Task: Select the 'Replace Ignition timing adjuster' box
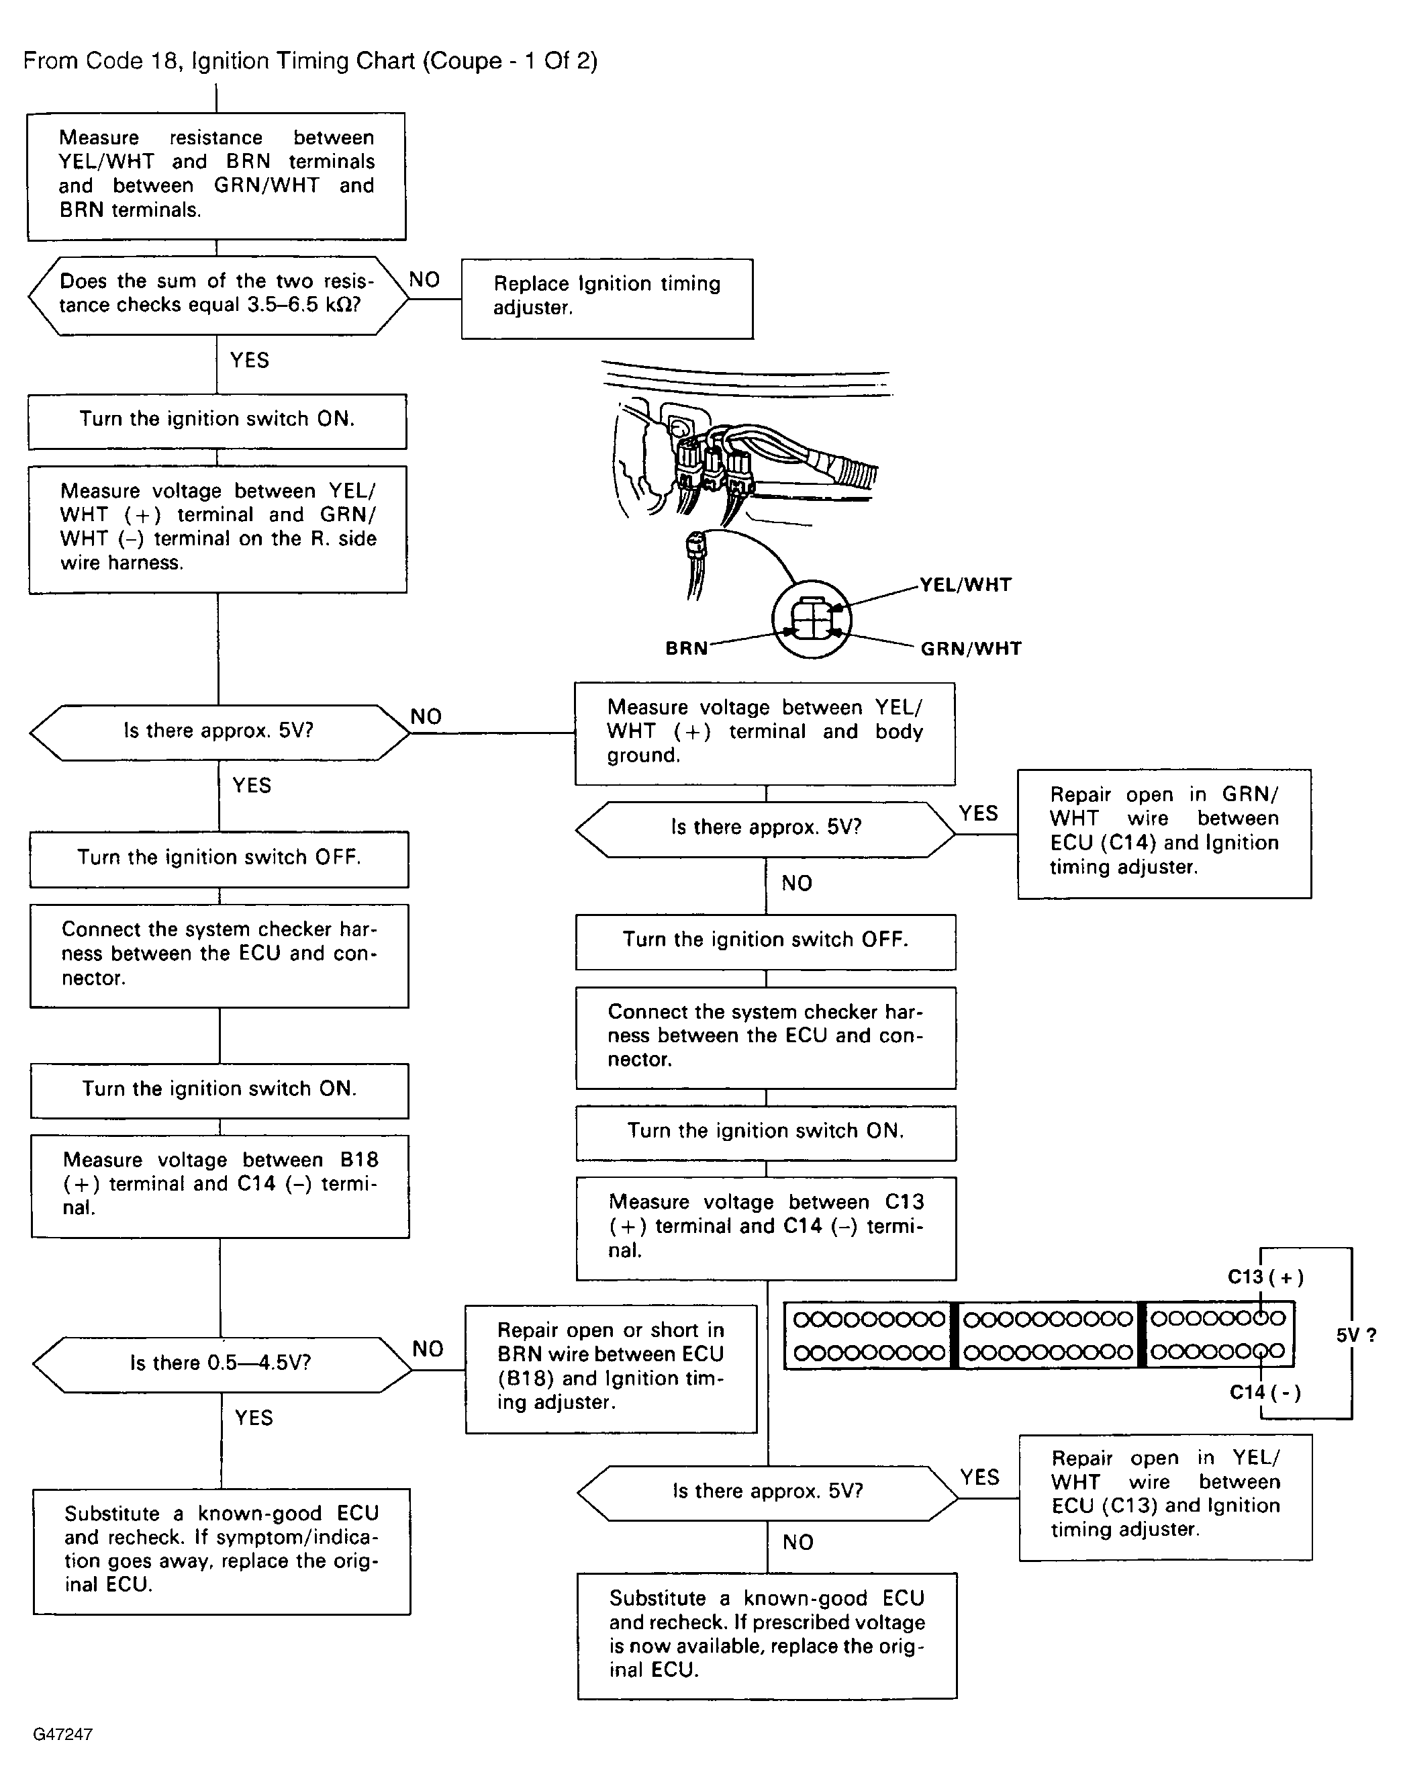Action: click(607, 299)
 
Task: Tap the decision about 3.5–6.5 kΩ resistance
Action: click(218, 295)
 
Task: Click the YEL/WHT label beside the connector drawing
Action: click(965, 585)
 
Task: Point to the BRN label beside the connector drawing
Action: click(687, 648)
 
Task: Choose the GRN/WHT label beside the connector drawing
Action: click(971, 649)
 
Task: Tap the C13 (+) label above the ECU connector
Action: click(1265, 1277)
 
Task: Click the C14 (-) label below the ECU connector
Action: click(1265, 1392)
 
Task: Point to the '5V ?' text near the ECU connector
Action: click(1356, 1336)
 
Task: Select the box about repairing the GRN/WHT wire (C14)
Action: click(1164, 833)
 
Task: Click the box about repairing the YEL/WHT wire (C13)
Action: click(1165, 1498)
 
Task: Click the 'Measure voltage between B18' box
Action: click(220, 1187)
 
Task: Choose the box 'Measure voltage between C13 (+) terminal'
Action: click(765, 1228)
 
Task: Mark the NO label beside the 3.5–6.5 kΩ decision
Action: click(424, 280)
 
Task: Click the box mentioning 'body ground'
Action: click(765, 733)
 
